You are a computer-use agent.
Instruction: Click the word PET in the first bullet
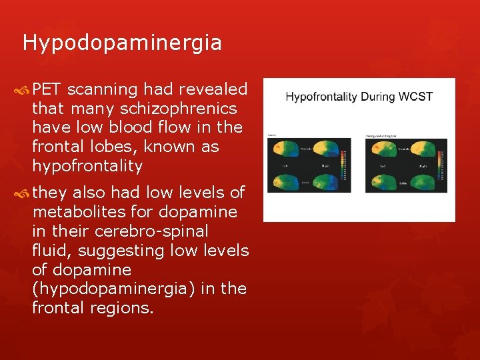[47, 89]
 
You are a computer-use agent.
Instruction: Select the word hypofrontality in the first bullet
[87, 165]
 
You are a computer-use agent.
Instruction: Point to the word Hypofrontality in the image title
[321, 97]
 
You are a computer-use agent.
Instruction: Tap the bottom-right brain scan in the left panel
[324, 181]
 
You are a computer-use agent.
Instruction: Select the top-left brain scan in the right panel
[382, 149]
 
